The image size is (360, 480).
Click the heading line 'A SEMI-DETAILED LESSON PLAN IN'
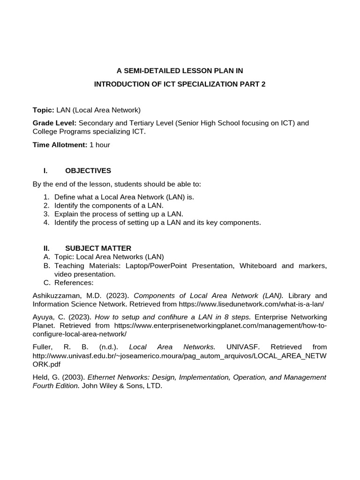(x=180, y=71)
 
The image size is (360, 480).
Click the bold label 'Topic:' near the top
(x=43, y=110)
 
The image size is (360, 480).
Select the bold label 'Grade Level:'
(x=54, y=123)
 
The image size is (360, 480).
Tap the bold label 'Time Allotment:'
(x=60, y=145)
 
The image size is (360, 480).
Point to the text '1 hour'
(x=100, y=145)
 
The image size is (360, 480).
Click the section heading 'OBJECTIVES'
(x=88, y=170)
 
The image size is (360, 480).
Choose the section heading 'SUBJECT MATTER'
(x=98, y=248)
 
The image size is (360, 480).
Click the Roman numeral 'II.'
(x=46, y=248)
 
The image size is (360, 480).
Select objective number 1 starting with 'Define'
(x=124, y=197)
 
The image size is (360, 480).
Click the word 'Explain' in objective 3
(x=67, y=214)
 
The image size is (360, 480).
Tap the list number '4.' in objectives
(x=46, y=222)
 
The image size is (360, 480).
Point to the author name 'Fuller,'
(x=42, y=347)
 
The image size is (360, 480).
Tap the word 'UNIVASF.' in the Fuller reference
(x=241, y=347)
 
